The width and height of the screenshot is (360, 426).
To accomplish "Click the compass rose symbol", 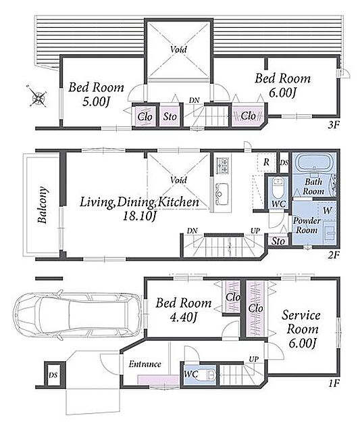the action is [x=37, y=97].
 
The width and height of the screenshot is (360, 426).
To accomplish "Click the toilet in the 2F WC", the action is [x=277, y=188].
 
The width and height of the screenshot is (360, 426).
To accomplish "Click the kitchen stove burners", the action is [x=222, y=166].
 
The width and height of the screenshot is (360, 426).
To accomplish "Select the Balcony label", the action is [x=43, y=205].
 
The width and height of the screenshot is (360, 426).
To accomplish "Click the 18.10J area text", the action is [x=140, y=216].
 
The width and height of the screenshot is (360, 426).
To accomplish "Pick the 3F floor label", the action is [x=334, y=124].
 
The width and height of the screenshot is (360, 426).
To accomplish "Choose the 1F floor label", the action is [x=334, y=383].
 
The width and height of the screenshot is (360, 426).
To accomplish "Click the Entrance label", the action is [x=145, y=364].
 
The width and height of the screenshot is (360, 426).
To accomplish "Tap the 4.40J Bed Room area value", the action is [x=183, y=316].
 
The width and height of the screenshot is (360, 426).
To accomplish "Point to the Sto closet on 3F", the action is [x=170, y=116].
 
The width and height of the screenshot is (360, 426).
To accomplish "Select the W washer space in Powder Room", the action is [x=328, y=210].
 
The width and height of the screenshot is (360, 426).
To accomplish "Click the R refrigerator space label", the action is [x=266, y=162].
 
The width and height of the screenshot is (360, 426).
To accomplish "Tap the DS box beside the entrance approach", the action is [x=53, y=375].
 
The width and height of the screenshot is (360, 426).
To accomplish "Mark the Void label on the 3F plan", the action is [x=178, y=49].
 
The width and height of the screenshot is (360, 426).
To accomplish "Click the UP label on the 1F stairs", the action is [x=254, y=359].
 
